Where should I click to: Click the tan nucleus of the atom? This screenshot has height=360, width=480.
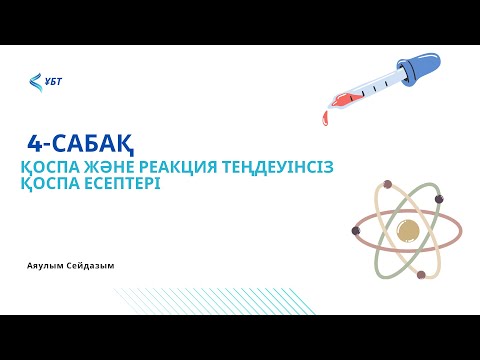click(408, 230)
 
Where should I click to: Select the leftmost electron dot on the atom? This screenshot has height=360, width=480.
click(355, 230)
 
